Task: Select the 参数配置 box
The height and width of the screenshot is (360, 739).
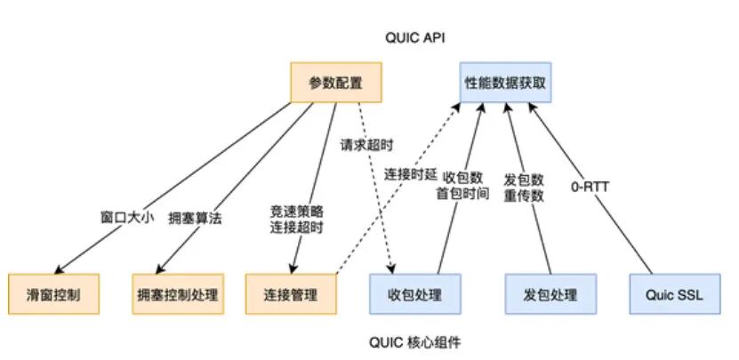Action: [x=335, y=82]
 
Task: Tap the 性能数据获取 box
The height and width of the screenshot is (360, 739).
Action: [x=505, y=82]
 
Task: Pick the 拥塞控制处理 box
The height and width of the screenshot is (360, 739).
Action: [x=180, y=293]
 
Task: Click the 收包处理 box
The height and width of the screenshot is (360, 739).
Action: [x=416, y=293]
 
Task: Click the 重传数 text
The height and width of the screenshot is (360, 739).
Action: [x=524, y=196]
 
